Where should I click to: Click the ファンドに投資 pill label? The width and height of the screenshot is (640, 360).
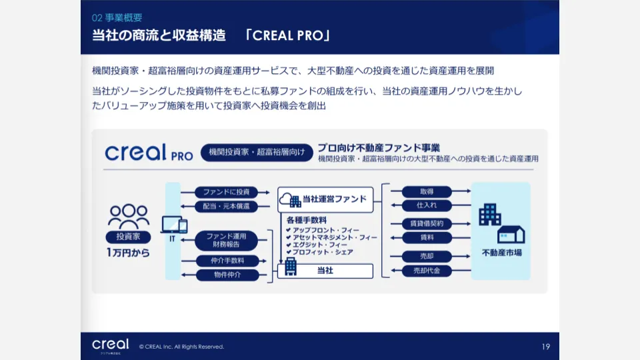pos(227,192)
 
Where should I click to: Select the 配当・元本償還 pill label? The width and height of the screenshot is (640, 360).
pos(227,207)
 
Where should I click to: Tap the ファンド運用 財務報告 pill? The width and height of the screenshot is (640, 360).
pos(227,240)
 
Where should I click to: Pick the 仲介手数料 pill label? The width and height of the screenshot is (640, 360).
pos(227,260)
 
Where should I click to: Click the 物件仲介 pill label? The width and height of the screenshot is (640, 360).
pos(227,274)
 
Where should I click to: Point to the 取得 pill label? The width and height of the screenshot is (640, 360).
pos(427,191)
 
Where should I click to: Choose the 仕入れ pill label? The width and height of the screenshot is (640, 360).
pos(427,205)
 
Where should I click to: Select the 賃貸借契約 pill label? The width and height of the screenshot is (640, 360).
pos(427,223)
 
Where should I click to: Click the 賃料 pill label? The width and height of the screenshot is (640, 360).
pos(427,237)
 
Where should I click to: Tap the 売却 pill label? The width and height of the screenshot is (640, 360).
pos(427,256)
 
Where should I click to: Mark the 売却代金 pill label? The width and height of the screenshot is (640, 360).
pos(427,271)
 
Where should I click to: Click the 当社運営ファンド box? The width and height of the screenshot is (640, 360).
pos(325,199)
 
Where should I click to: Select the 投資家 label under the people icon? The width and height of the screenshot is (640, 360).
pos(128,237)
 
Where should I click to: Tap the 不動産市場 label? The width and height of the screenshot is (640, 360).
pos(501,253)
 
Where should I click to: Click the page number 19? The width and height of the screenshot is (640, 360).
pos(545,346)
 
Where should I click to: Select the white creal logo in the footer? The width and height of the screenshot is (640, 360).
pos(111,345)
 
